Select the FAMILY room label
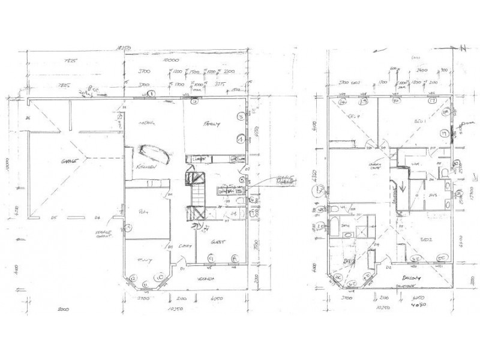click(x=212, y=125)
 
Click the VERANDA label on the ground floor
click(x=207, y=280)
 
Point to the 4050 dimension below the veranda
click(x=217, y=297)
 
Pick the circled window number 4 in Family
click(x=239, y=139)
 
